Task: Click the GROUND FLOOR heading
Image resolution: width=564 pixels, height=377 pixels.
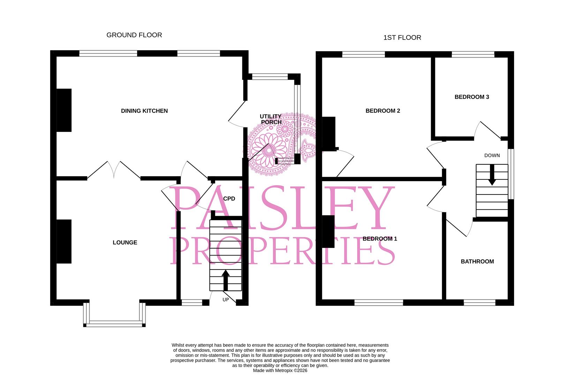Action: click(x=134, y=35)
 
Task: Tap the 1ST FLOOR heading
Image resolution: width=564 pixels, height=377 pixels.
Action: click(x=402, y=38)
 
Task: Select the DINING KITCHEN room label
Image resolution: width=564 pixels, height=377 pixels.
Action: click(x=144, y=111)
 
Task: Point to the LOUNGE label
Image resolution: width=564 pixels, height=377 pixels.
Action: click(x=125, y=242)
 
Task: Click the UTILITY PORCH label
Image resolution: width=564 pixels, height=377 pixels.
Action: click(x=271, y=119)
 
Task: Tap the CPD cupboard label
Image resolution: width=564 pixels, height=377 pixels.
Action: click(x=229, y=199)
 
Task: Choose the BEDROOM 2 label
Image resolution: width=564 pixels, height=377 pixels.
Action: click(x=383, y=111)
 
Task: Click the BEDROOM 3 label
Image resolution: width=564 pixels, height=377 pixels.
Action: click(x=472, y=97)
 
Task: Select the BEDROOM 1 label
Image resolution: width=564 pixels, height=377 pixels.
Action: click(x=380, y=239)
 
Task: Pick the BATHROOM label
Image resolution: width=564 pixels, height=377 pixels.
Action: click(x=477, y=261)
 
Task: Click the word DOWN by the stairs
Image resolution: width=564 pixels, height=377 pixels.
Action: click(x=492, y=155)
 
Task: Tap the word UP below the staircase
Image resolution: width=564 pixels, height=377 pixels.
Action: click(x=226, y=300)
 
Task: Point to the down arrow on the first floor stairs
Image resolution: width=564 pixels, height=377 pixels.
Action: click(x=492, y=175)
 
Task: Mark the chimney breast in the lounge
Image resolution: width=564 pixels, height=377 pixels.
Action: click(x=64, y=242)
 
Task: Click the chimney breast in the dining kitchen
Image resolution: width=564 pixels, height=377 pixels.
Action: click(x=64, y=110)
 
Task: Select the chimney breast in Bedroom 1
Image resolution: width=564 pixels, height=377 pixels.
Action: click(x=328, y=231)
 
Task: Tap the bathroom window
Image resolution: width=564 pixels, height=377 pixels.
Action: click(x=480, y=303)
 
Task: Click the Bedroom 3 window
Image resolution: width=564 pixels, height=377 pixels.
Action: click(x=473, y=54)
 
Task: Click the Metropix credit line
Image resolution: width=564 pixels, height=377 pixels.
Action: click(x=280, y=370)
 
